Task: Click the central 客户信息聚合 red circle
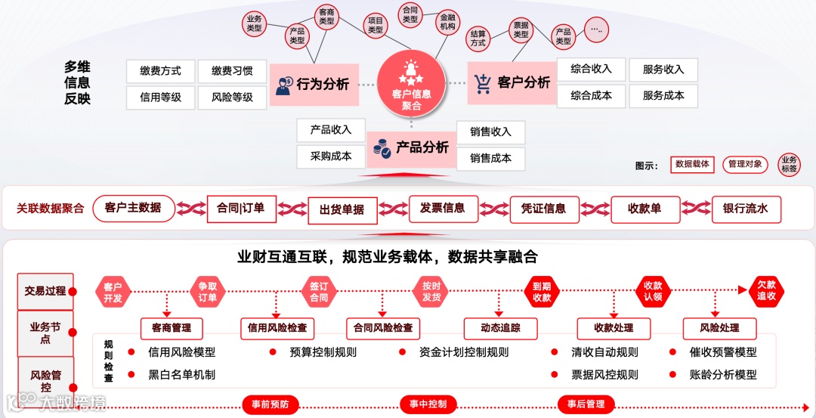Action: [412, 83]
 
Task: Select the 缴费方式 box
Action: [160, 71]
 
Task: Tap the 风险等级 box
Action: [232, 97]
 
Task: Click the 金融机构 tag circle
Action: [447, 22]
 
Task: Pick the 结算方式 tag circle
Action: [478, 39]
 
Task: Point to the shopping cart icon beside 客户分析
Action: [483, 83]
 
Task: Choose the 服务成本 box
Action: [663, 96]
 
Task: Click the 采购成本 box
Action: [331, 156]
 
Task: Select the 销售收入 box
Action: [490, 132]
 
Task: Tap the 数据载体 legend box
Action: [692, 164]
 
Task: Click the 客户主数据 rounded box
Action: [133, 208]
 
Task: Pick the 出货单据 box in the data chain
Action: [342, 210]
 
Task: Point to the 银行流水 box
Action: [745, 209]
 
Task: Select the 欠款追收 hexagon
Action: [766, 290]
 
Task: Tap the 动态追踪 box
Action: [500, 328]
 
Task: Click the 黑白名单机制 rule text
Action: [181, 375]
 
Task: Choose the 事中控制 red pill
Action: [428, 404]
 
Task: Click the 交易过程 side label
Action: [45, 291]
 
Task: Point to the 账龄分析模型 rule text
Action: [722, 375]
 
